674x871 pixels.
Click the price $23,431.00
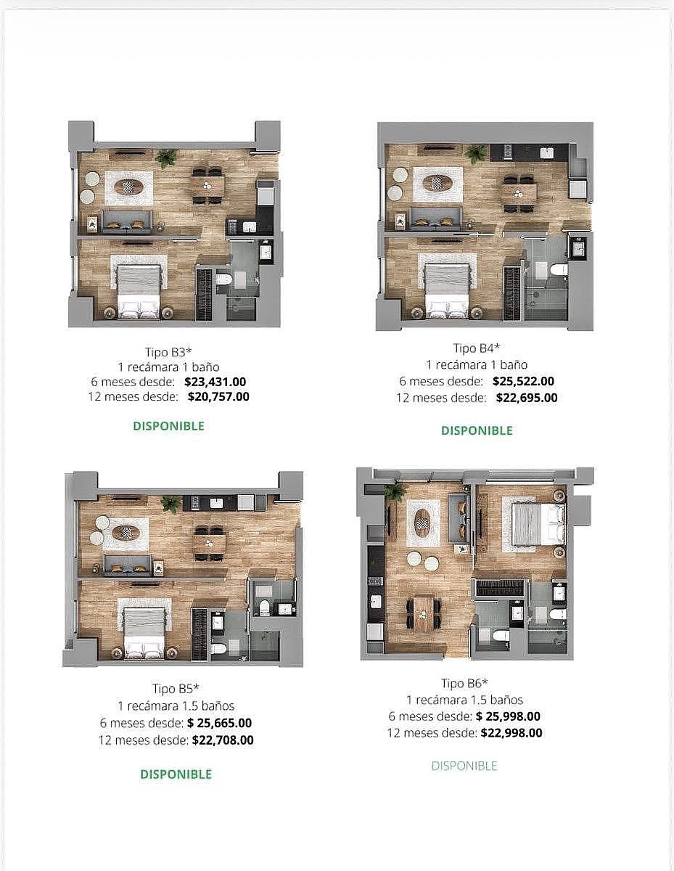click(215, 381)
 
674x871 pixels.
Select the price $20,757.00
click(218, 396)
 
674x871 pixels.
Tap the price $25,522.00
click(523, 381)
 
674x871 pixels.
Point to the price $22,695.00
click(527, 398)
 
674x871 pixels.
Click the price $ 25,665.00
click(219, 723)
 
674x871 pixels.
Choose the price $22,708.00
click(223, 740)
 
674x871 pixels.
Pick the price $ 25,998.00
click(508, 716)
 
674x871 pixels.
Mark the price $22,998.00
click(511, 732)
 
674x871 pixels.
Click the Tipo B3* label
click(168, 352)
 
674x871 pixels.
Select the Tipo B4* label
click(477, 348)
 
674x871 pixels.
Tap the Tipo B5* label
click(176, 688)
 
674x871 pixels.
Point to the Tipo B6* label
click(464, 682)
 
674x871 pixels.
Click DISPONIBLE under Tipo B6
click(464, 766)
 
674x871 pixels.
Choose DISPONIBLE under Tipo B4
click(477, 430)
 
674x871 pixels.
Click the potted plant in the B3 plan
click(166, 158)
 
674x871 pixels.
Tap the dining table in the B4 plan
click(519, 194)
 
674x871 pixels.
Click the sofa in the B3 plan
click(126, 221)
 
